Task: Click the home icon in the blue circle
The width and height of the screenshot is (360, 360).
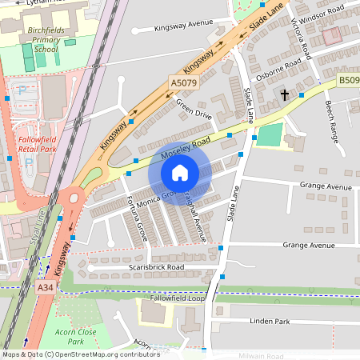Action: pos(179,173)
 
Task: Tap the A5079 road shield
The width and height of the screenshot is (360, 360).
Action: pos(184,82)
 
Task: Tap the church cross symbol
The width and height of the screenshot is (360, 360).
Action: pos(284,95)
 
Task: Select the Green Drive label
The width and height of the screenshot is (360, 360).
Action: pos(194,109)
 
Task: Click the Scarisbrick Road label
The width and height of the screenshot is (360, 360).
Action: pos(156,266)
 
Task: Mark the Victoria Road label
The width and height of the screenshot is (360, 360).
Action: pos(301,38)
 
